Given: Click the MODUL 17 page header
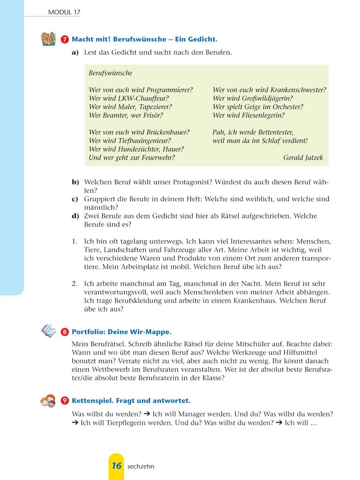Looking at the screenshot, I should (64, 12).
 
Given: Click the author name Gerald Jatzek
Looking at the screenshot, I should (303, 158).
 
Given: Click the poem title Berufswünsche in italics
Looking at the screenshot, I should (110, 73).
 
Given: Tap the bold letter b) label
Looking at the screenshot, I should (75, 182).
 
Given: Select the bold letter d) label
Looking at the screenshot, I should (75, 216).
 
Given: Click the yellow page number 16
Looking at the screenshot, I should (116, 466).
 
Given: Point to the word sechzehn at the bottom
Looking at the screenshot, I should (141, 466).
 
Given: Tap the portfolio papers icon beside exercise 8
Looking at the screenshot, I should (49, 331).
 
